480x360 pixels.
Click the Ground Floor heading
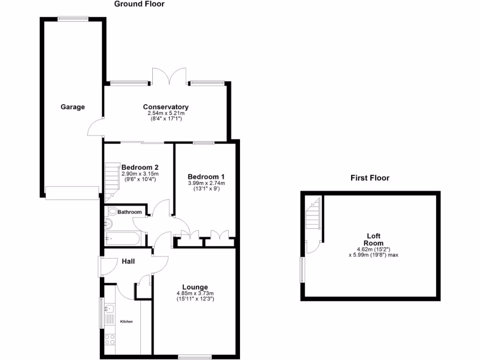click(x=140, y=4)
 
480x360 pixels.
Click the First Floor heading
click(x=370, y=178)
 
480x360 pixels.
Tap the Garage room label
click(x=73, y=107)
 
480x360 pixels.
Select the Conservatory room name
click(x=166, y=107)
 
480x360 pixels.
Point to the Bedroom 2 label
click(x=140, y=167)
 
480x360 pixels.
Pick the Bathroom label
click(x=129, y=212)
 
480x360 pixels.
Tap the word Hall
click(x=128, y=261)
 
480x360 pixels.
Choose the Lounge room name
click(x=195, y=287)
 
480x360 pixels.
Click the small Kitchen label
click(x=127, y=322)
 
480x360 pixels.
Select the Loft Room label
click(x=374, y=240)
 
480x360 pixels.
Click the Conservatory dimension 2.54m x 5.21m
click(x=166, y=113)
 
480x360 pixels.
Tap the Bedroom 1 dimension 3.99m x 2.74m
click(x=206, y=183)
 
